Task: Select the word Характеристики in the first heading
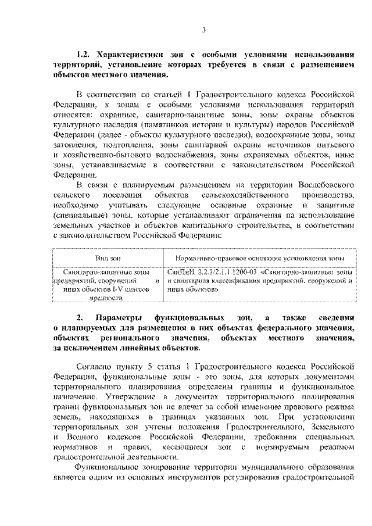[125, 54]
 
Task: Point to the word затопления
[71, 144]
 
